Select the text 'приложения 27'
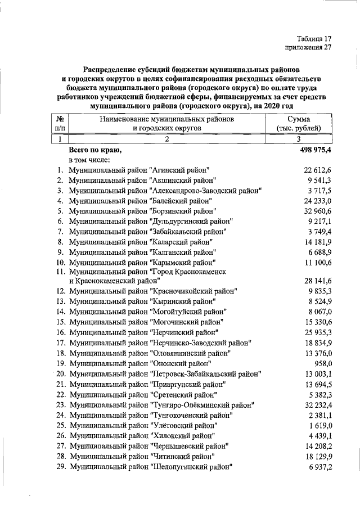pos(308,48)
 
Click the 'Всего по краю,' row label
pos(94,150)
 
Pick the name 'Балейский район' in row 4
pos(181,200)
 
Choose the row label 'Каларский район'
pos(181,241)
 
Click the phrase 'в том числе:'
pos(90,160)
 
